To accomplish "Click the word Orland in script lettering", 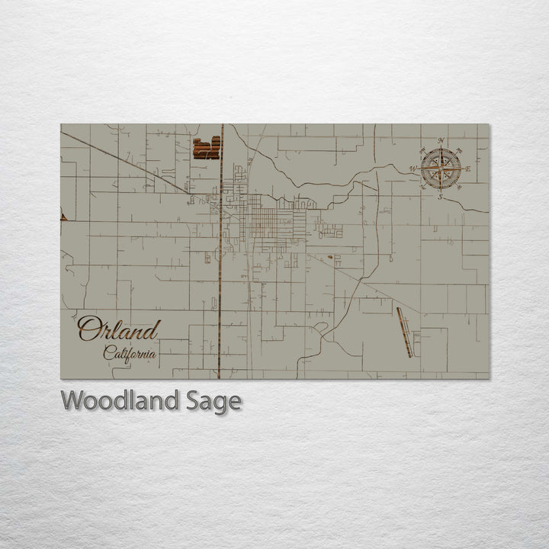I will pyautogui.click(x=119, y=329).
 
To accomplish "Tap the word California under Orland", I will pyautogui.click(x=130, y=353).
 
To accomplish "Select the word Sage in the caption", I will pyautogui.click(x=214, y=401).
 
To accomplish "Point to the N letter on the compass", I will pyautogui.click(x=441, y=140).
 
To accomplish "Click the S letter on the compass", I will pyautogui.click(x=440, y=197).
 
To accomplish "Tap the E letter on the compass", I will pyautogui.click(x=467, y=168).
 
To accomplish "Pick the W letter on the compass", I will pyautogui.click(x=413, y=169).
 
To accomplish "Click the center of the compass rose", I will pyautogui.click(x=440, y=169).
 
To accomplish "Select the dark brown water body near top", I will pyautogui.click(x=206, y=147).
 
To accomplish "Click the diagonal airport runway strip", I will pyautogui.click(x=404, y=332).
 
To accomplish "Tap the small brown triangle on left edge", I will pyautogui.click(x=63, y=217).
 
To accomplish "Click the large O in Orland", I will pyautogui.click(x=87, y=329).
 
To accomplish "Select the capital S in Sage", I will pyautogui.click(x=194, y=400).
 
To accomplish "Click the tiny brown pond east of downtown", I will pyautogui.click(x=330, y=257).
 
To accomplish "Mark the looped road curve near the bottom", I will pyautogui.click(x=322, y=329).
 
